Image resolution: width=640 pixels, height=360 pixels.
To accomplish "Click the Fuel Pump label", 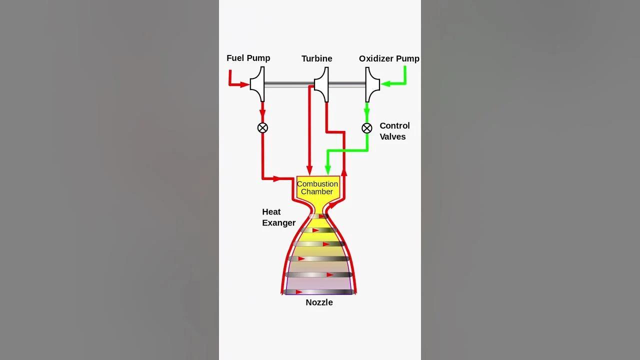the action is (248, 58).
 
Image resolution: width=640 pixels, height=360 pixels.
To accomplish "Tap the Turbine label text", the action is (317, 58).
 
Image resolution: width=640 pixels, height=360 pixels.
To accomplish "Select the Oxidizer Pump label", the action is (389, 58).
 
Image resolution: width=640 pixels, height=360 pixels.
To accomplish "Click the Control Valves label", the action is (394, 131).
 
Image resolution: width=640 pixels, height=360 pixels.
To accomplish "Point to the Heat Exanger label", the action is (278, 217).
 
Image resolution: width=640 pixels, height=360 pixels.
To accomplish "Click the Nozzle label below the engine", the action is (319, 302).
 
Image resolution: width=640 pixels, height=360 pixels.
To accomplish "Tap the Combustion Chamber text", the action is (317, 187).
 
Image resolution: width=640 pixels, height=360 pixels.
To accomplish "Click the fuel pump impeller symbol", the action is (257, 84).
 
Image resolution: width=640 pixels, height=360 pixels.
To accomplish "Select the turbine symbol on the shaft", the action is (321, 84).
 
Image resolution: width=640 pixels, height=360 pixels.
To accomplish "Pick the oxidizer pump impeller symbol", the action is (372, 84).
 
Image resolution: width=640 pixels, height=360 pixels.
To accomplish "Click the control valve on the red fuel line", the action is (262, 127).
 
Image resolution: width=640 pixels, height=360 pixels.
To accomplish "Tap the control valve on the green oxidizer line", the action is (367, 128).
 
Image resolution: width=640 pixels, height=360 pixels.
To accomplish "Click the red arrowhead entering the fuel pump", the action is (244, 84).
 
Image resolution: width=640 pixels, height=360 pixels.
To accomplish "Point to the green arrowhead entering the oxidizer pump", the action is (385, 84).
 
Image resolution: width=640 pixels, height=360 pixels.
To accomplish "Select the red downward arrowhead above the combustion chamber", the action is (309, 170).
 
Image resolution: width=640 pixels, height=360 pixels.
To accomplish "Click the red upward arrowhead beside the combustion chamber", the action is (344, 172).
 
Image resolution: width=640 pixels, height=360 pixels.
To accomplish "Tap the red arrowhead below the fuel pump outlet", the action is (262, 113).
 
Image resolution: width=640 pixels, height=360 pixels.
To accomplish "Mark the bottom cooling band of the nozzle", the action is (319, 292).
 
